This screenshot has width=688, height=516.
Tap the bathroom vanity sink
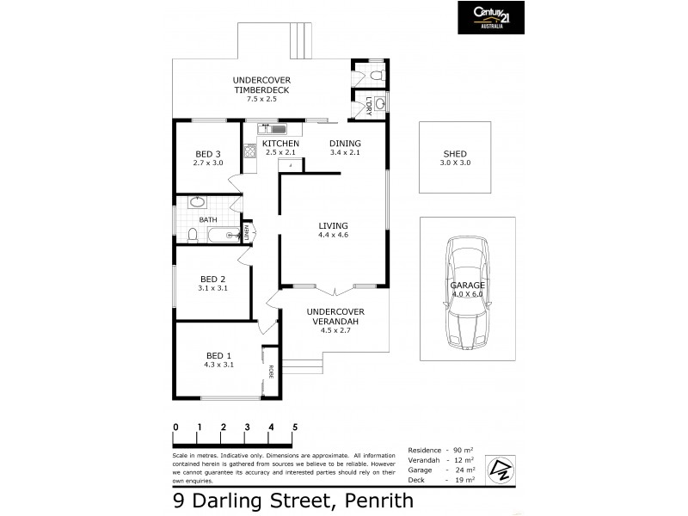pyautogui.click(x=197, y=204)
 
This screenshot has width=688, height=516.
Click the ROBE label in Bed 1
pyautogui.click(x=270, y=372)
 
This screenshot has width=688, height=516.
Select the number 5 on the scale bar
pyautogui.click(x=295, y=427)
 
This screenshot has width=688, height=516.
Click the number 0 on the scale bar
pyautogui.click(x=175, y=427)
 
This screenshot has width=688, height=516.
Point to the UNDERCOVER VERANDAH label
pyautogui.click(x=335, y=316)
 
